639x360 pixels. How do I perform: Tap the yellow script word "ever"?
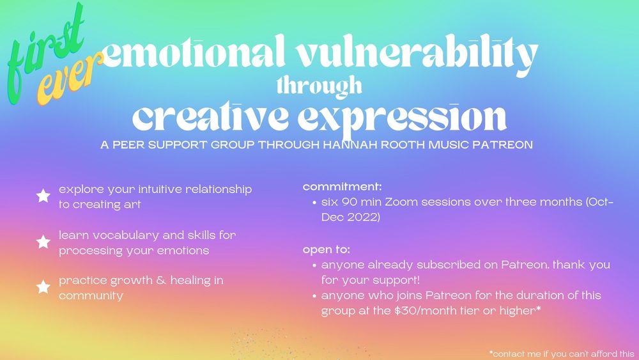click(x=69, y=79)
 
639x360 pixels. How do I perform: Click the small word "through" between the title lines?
click(x=319, y=86)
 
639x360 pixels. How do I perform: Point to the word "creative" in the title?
click(x=210, y=117)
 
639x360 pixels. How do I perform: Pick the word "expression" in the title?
click(x=402, y=119)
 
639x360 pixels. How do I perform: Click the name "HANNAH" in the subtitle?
click(x=346, y=145)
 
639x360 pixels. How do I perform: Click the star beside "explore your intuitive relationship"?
click(x=43, y=196)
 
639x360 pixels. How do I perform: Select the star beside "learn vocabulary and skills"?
click(x=43, y=241)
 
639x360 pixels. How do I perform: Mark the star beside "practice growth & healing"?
click(x=43, y=286)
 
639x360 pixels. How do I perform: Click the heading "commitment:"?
click(x=342, y=187)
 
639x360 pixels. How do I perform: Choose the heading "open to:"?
click(x=326, y=249)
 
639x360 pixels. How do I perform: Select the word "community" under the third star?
click(x=91, y=296)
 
